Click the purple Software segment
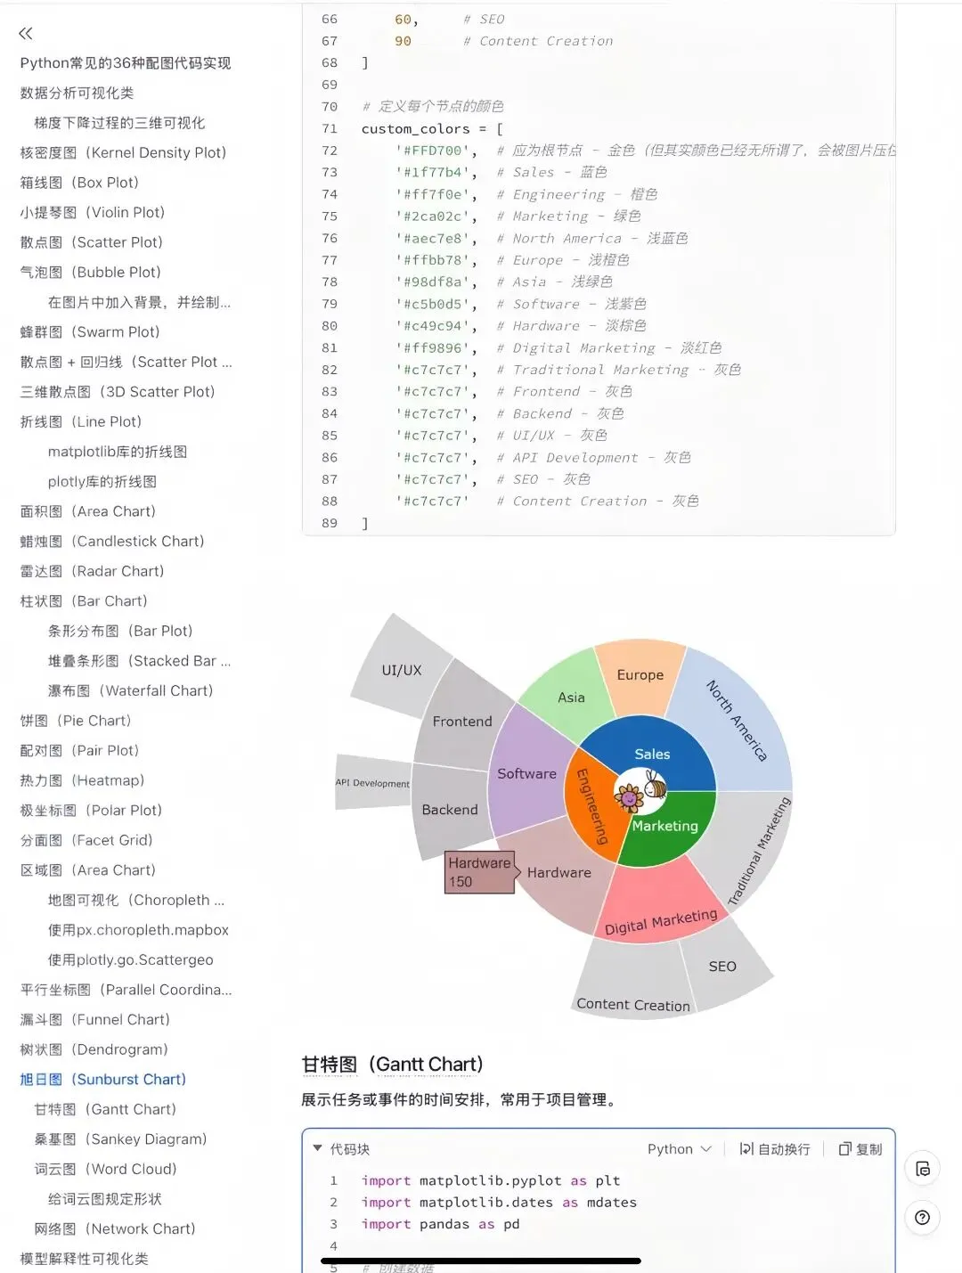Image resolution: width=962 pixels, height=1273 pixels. [x=527, y=773]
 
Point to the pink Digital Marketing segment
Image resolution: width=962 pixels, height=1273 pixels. [x=660, y=912]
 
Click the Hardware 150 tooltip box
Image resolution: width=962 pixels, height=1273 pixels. [x=479, y=872]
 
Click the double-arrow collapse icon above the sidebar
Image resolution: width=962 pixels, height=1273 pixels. [x=26, y=34]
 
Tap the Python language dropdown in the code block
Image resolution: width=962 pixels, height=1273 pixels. [x=679, y=1149]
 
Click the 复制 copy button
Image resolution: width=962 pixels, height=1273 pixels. [x=860, y=1149]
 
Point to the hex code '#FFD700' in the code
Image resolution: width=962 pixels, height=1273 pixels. [x=434, y=151]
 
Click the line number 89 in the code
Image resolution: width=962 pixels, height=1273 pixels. [x=330, y=523]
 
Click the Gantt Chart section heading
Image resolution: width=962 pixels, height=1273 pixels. [x=393, y=1065]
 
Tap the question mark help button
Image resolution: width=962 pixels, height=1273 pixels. [x=922, y=1218]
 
